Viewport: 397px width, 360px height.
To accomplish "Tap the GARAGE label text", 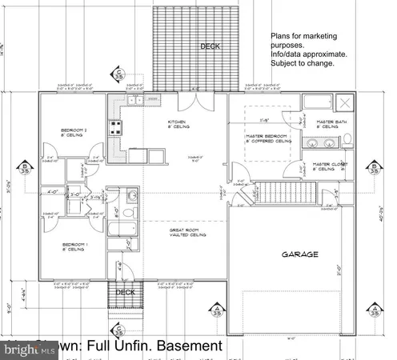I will (x=299, y=254).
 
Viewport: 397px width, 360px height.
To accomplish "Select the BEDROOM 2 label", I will (x=74, y=132).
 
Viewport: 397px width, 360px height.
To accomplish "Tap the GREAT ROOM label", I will (x=187, y=233).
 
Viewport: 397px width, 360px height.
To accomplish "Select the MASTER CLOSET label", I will (x=329, y=166).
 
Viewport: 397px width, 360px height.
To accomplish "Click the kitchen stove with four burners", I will (x=115, y=126).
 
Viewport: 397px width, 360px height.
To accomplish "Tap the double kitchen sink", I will (x=133, y=100).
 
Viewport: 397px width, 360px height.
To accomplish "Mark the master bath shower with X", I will (x=346, y=102).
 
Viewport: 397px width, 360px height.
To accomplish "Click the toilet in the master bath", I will (x=348, y=139).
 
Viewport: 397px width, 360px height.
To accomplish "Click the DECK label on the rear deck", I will (x=210, y=46).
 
